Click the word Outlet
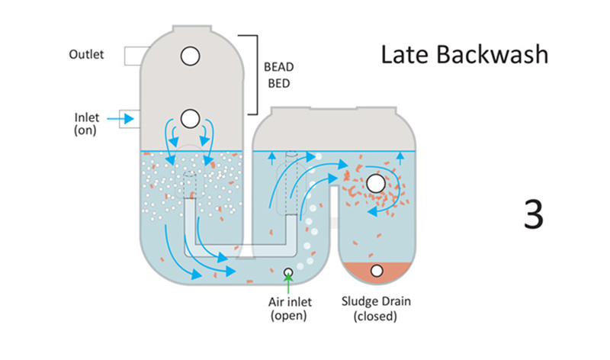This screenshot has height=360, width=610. (x=86, y=55)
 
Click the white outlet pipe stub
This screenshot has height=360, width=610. (x=127, y=55)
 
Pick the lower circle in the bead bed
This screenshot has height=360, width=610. (x=190, y=118)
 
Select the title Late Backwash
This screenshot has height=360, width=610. (x=464, y=55)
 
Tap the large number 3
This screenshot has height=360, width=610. (x=533, y=214)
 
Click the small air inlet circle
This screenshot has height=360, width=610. (x=288, y=273)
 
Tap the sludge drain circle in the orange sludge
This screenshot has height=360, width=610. (x=376, y=272)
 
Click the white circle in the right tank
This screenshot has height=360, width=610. (x=375, y=184)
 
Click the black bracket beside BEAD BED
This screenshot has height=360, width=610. (x=246, y=73)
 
